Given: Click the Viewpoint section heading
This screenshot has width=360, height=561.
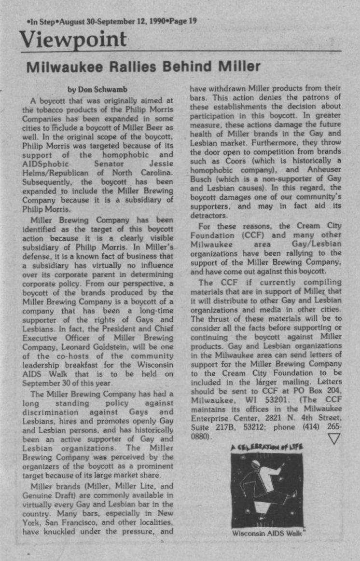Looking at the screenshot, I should pos(73,40).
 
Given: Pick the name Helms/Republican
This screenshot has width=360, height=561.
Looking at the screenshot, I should pos(53,172).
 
